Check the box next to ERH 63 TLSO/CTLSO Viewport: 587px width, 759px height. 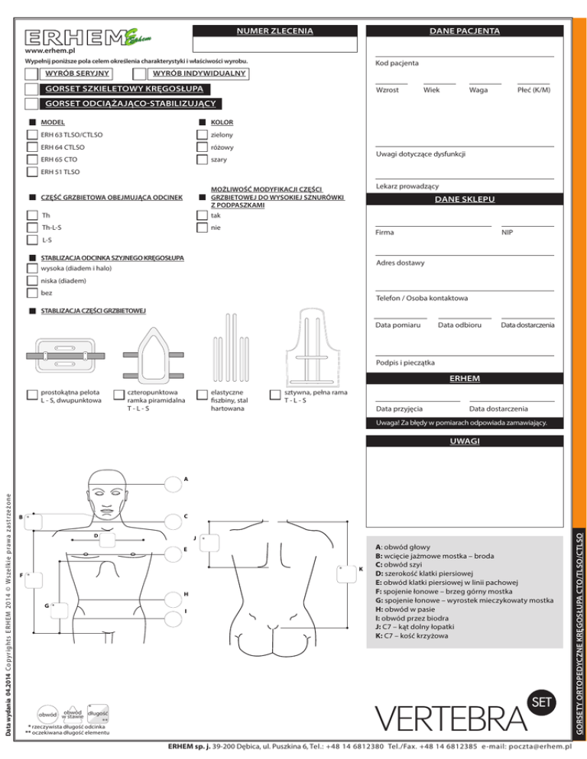[31, 135]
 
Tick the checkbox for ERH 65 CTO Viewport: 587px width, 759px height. [31, 160]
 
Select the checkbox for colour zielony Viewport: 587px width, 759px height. [202, 135]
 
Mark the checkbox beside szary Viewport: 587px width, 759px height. [202, 160]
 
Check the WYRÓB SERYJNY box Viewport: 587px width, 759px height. [31, 73]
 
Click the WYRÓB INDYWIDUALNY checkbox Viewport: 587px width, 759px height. [139, 73]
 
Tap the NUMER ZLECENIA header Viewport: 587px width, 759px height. [274, 31]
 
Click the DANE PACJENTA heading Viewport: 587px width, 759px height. [465, 31]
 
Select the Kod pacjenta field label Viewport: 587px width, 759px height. [397, 63]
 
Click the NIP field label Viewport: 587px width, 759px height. [507, 232]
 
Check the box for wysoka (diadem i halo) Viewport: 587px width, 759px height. [31, 269]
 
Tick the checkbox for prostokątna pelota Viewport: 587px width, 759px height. [31, 395]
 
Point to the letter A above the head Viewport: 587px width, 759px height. [186, 479]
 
